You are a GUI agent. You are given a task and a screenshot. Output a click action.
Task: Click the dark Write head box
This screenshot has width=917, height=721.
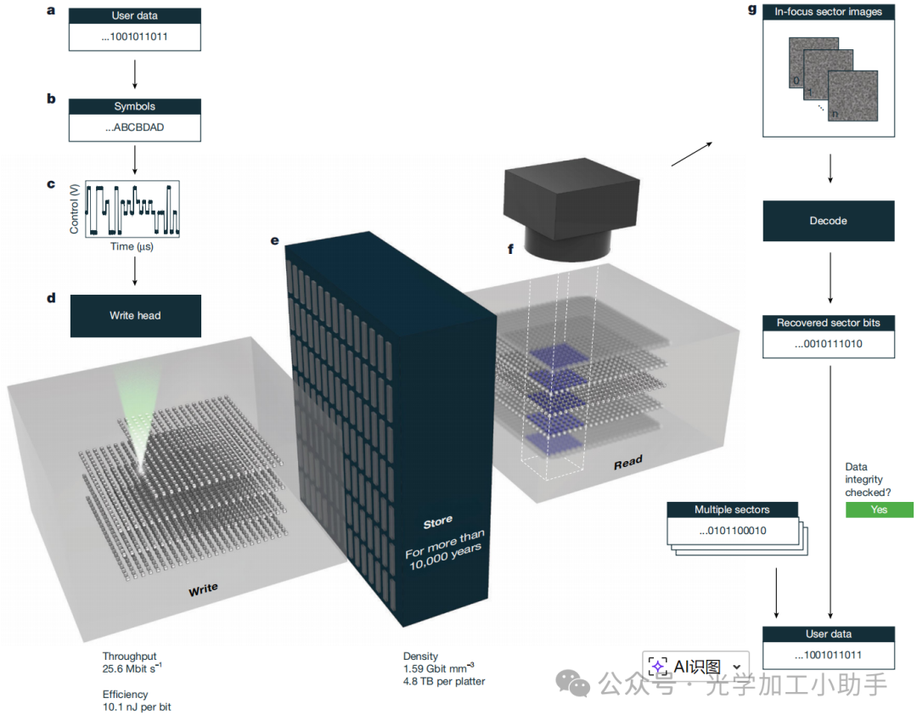[x=135, y=316]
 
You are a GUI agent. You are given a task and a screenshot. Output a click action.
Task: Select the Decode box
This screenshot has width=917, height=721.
[x=828, y=221]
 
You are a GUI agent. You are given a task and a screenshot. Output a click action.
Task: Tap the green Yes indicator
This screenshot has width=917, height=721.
[x=879, y=510]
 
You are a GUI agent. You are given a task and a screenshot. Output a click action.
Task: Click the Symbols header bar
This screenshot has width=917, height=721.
[x=135, y=107]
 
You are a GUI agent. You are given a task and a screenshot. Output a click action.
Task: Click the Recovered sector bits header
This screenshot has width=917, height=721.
[x=828, y=323]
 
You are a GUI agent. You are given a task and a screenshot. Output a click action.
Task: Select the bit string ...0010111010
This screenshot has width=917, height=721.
[x=828, y=344]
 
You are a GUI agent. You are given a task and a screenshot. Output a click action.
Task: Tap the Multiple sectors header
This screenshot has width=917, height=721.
[x=732, y=510]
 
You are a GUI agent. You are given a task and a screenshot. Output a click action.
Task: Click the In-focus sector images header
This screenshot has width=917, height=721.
[x=828, y=11]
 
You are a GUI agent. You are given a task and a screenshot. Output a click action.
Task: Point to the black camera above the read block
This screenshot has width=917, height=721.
[x=571, y=208]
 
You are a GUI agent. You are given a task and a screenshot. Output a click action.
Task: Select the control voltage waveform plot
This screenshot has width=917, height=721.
[x=132, y=208]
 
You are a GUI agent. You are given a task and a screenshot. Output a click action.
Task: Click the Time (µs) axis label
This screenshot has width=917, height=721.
[x=132, y=246]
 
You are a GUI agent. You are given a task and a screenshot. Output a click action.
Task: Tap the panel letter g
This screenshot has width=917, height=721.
[x=751, y=10]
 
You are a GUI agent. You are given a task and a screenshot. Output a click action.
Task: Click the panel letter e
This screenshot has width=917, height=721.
[x=274, y=240]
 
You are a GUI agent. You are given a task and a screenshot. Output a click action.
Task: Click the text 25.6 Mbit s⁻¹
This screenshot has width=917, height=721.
[x=132, y=668]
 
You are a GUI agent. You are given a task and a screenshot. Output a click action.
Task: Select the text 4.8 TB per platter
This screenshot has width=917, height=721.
[x=443, y=681]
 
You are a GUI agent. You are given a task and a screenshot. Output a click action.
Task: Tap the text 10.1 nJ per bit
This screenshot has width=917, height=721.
[x=137, y=707]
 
